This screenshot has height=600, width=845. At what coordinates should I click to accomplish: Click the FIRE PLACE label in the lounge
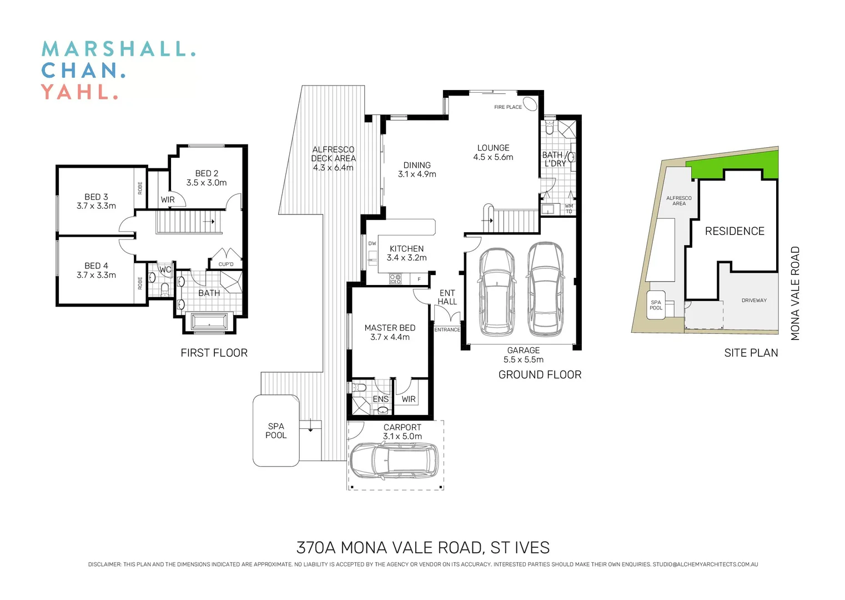coord(507,107)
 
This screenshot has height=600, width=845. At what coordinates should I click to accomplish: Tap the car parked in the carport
coord(393,461)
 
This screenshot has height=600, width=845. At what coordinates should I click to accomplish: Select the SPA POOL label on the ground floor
coord(276,431)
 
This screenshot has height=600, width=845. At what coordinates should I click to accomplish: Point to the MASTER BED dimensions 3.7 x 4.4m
coord(390,337)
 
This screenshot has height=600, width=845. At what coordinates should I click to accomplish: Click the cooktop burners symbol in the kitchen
coord(395,279)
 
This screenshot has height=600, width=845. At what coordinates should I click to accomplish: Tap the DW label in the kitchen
coord(372,243)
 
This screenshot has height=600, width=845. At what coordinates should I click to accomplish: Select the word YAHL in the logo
coord(79,92)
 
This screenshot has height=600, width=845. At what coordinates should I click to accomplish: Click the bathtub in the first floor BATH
coord(209,322)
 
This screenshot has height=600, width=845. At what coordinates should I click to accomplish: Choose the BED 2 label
coord(207,173)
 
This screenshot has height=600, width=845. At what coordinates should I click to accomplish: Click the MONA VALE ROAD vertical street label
coord(795,293)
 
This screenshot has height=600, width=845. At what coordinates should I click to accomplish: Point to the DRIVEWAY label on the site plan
coord(754,301)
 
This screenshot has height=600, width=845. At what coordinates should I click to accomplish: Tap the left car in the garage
coord(496,292)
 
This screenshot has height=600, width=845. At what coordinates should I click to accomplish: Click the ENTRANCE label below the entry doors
coord(447,330)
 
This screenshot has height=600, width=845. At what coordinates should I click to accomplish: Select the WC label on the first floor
coord(165,269)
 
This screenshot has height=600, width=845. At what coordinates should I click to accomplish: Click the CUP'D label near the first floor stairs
coord(226,264)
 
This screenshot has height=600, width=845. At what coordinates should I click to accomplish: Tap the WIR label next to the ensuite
coord(409,399)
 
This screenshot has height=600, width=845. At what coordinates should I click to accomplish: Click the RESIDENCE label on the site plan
coord(735,231)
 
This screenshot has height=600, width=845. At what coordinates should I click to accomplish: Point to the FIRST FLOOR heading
coord(214,353)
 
